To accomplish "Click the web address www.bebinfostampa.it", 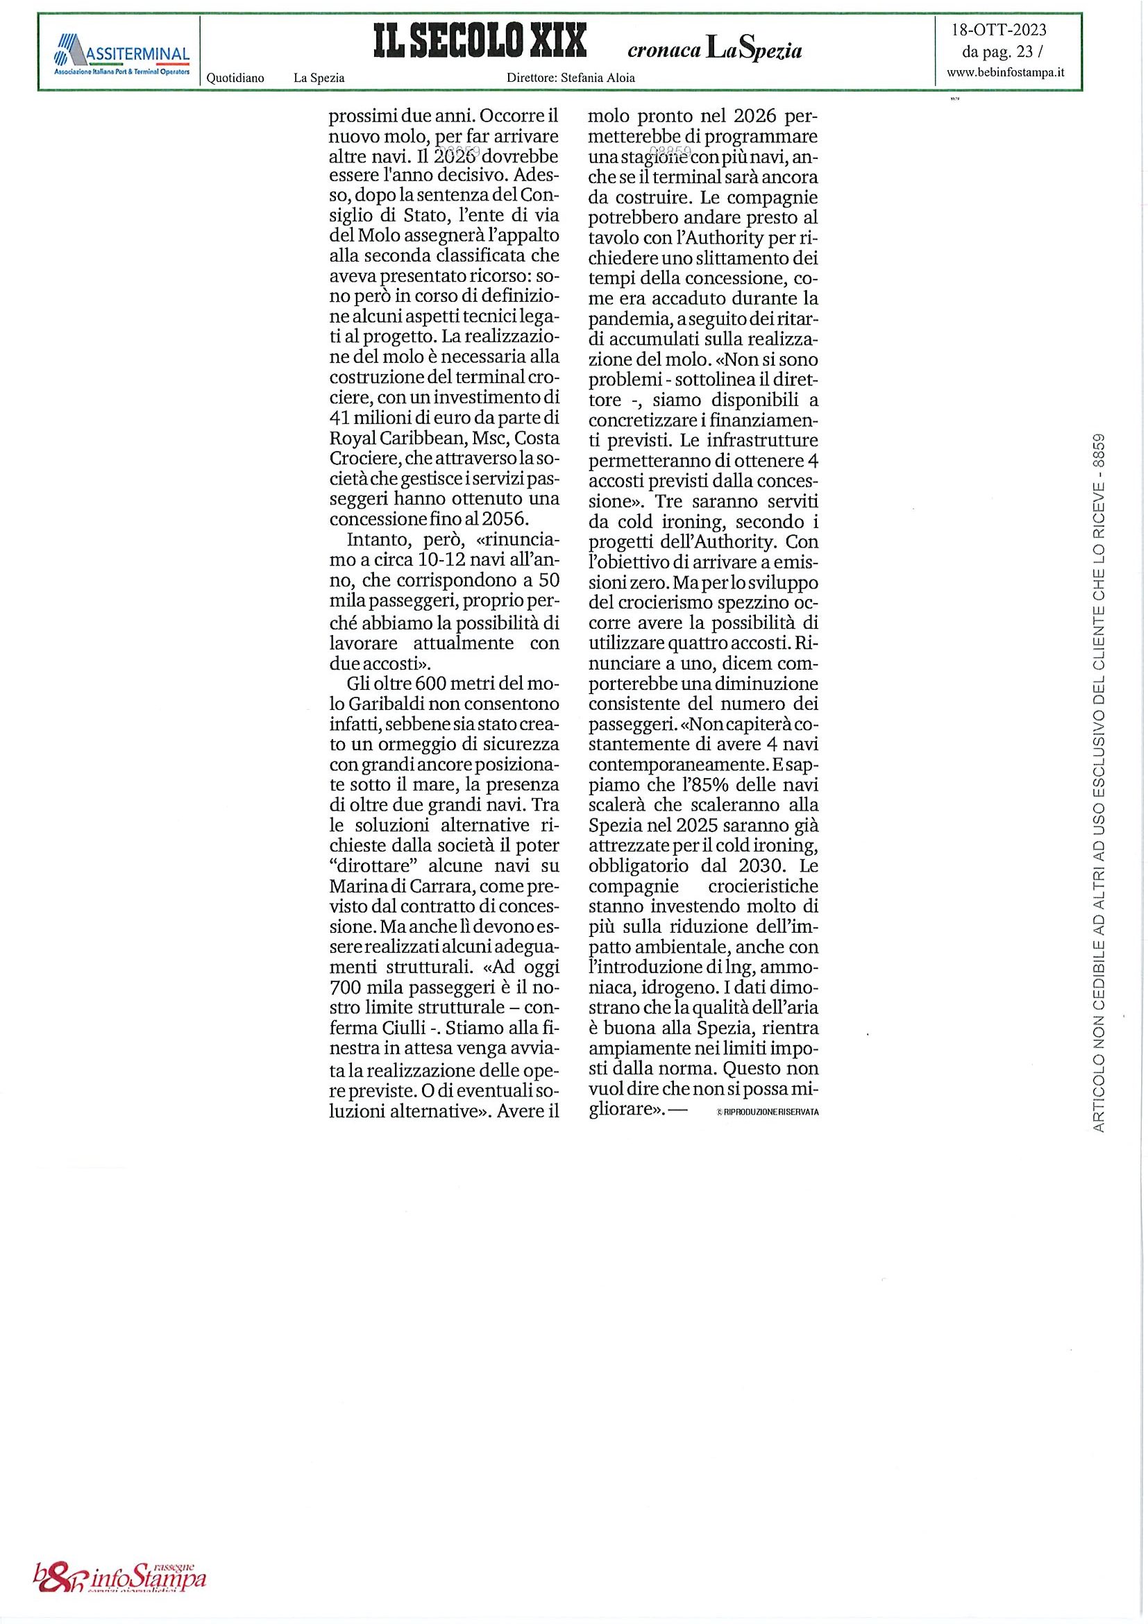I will (1005, 71).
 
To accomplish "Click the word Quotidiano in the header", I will (235, 78).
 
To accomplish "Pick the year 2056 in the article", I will (506, 518).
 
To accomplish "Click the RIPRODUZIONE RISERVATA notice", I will (767, 1112).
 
